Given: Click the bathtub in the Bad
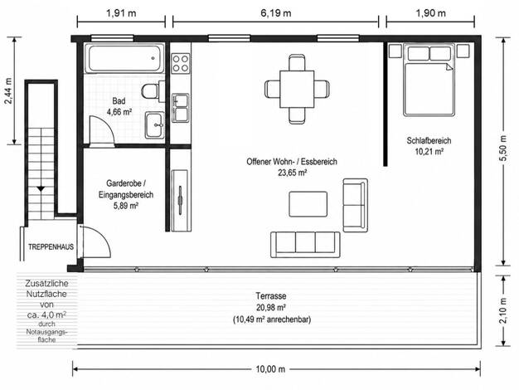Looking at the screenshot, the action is [124, 58].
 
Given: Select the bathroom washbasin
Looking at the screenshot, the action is [154, 124].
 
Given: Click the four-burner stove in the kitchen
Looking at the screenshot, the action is [181, 63].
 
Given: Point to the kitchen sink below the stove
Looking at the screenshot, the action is [181, 108].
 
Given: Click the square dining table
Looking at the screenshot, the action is [297, 89].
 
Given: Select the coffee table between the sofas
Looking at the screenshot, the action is [308, 204].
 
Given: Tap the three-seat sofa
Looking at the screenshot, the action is [305, 245].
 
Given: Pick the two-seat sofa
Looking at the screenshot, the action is [355, 205].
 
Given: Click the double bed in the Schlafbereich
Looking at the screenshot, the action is [429, 80].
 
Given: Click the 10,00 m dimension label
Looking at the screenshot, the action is [270, 369].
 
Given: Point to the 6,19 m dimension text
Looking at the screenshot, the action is [276, 13].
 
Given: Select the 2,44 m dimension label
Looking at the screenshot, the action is [8, 90].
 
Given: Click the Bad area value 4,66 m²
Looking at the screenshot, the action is [119, 112].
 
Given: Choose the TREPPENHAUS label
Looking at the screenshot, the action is [51, 246].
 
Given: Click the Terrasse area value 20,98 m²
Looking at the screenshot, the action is [271, 308].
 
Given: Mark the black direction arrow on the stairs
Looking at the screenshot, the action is [41, 189].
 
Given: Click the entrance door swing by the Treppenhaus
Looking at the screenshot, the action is [95, 241].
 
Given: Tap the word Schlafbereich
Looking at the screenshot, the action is [429, 140].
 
